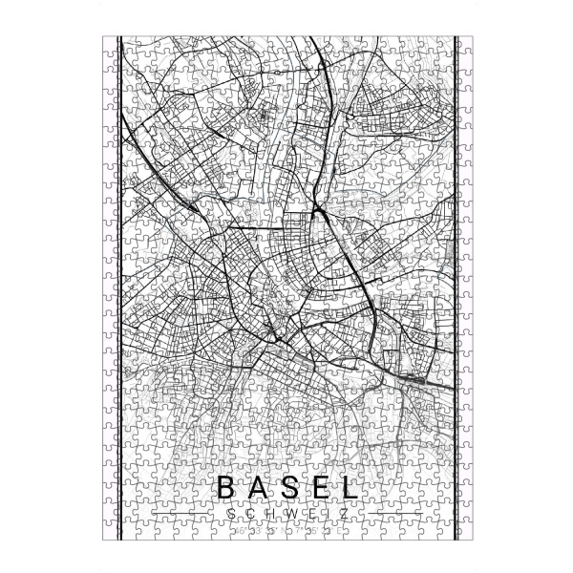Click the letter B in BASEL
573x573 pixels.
[226, 487]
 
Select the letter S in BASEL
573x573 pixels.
[286, 487]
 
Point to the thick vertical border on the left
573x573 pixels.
[117, 286]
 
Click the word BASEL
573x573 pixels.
[286, 487]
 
